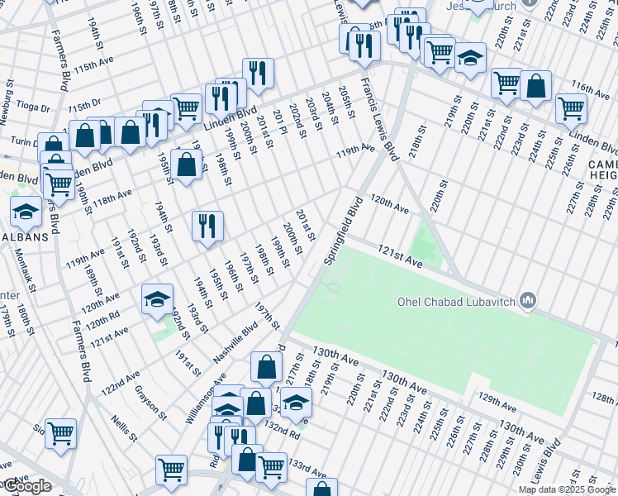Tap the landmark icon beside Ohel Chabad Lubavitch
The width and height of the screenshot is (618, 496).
coord(530,299)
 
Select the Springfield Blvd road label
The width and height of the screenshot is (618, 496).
coord(344,231)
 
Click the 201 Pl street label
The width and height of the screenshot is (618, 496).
coord(279,122)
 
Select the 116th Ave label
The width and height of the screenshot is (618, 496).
coord(590,88)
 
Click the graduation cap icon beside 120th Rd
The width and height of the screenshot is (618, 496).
coord(157,300)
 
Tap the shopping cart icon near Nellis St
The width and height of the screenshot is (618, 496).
coord(61,432)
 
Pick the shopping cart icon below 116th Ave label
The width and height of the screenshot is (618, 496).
coord(571,107)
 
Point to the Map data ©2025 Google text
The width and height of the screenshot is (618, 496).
coord(567,489)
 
